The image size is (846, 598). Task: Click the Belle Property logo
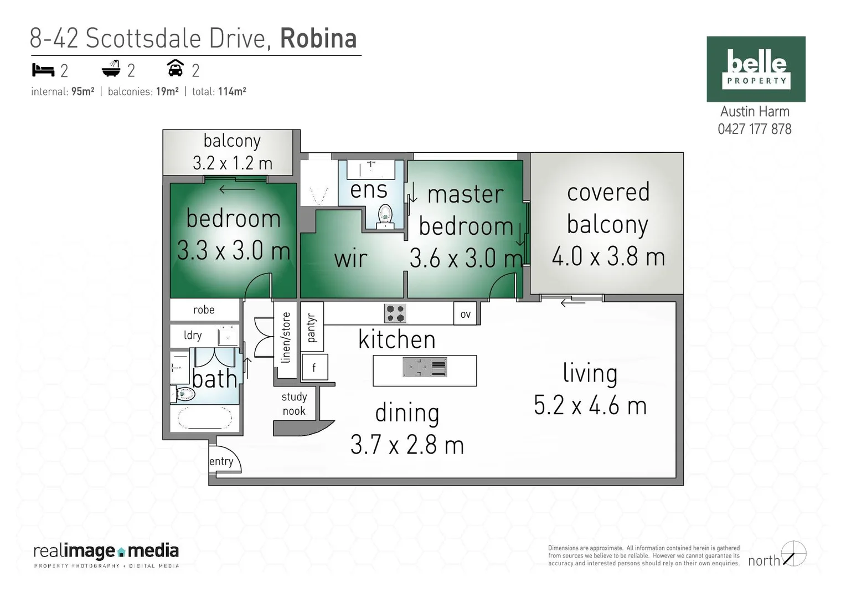756,69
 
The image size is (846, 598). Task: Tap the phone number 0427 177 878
755,129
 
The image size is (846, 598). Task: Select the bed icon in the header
43,70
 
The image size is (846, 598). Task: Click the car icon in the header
175,69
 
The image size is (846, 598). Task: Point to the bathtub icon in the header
111,69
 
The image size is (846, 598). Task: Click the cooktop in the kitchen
395,313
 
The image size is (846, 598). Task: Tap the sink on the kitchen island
425,368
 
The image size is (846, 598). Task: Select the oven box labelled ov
466,314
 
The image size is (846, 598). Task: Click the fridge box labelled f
314,368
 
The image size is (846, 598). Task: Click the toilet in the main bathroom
184,394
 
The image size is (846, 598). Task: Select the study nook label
294,404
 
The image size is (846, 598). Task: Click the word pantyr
311,327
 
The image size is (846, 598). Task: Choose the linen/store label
286,338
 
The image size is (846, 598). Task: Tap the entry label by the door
221,461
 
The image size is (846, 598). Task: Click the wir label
350,259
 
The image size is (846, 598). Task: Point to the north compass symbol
793,554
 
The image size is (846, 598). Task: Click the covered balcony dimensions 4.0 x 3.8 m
608,256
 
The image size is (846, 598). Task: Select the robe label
204,310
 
